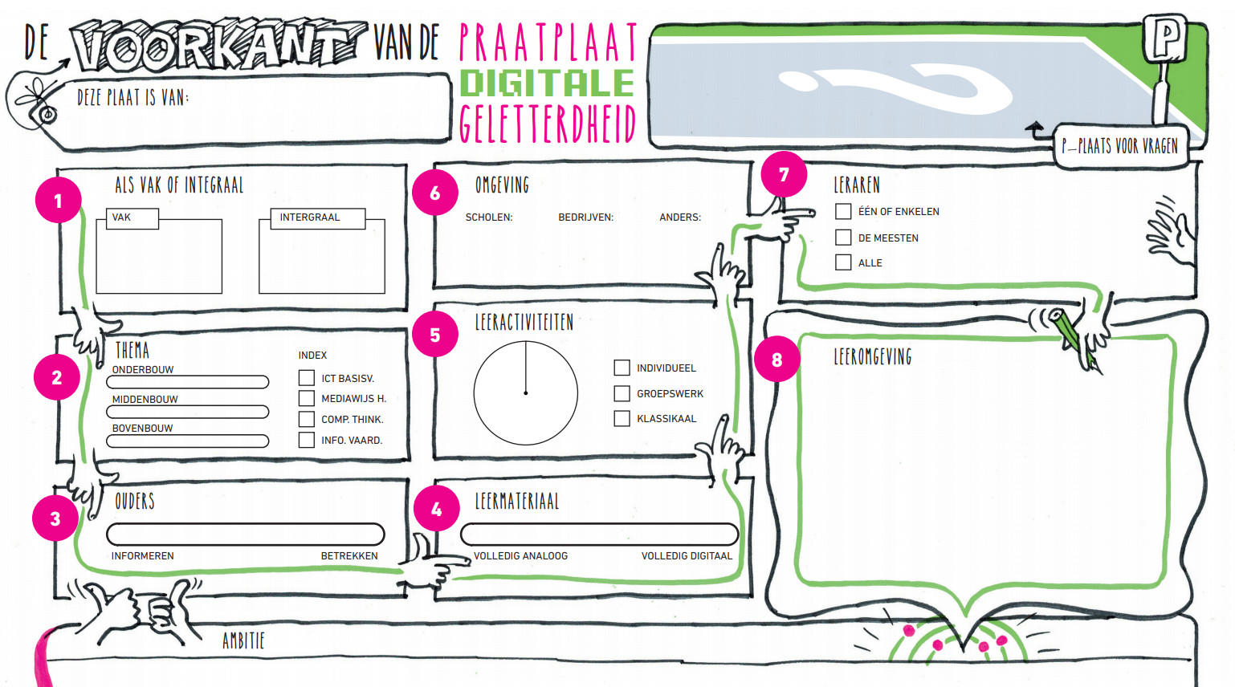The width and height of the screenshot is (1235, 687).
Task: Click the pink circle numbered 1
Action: (58, 201)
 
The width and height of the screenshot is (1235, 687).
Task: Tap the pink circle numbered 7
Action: (784, 174)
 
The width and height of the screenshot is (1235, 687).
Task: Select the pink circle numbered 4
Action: (436, 509)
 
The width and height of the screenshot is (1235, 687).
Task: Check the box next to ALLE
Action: (843, 262)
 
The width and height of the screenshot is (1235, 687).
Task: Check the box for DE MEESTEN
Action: (843, 238)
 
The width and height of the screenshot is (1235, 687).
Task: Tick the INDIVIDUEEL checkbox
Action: (622, 368)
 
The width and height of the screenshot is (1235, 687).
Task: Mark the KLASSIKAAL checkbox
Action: (622, 418)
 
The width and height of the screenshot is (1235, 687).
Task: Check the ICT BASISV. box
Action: (306, 378)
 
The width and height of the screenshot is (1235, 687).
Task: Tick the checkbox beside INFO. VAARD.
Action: (306, 440)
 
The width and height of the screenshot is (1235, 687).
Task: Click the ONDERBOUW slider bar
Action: (188, 382)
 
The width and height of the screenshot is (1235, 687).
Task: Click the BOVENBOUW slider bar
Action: (188, 441)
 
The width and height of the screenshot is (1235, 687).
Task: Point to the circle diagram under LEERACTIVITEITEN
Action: (526, 393)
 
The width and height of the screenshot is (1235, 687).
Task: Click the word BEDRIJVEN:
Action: (585, 217)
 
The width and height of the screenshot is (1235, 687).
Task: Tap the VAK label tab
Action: (132, 218)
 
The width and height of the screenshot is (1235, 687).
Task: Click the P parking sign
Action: (1165, 38)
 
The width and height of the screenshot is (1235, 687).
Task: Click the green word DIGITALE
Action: (547, 83)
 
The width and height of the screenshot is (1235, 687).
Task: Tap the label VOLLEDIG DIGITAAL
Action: (687, 556)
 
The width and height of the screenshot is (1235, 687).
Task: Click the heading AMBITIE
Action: (243, 640)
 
